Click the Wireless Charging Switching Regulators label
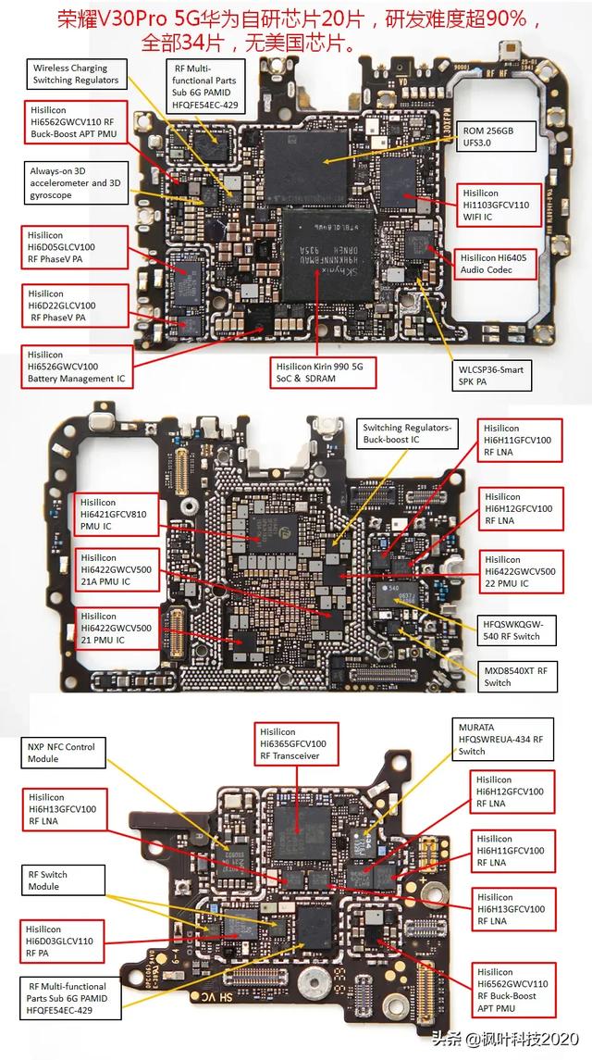click(x=76, y=74)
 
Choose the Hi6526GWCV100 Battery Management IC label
click(x=76, y=367)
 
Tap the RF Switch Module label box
click(x=55, y=880)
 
